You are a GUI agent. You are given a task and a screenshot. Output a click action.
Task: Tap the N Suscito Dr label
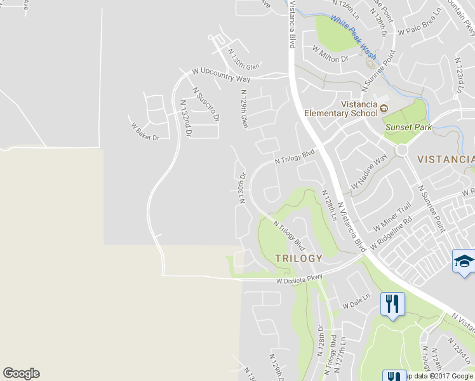[x=206, y=105]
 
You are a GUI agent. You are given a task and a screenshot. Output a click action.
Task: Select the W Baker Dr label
[x=145, y=131]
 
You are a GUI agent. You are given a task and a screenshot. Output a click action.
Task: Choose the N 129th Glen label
[x=244, y=109]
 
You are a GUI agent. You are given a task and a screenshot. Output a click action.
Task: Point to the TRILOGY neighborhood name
[x=298, y=258]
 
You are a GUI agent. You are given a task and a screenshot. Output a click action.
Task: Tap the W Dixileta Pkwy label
[x=300, y=277]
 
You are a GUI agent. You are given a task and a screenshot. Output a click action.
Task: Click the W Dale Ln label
[x=356, y=300]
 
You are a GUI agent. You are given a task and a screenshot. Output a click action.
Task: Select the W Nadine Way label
[x=369, y=171]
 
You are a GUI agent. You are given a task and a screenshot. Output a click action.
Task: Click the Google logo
[x=21, y=373]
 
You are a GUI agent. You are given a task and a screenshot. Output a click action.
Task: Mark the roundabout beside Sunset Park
[x=401, y=150]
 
